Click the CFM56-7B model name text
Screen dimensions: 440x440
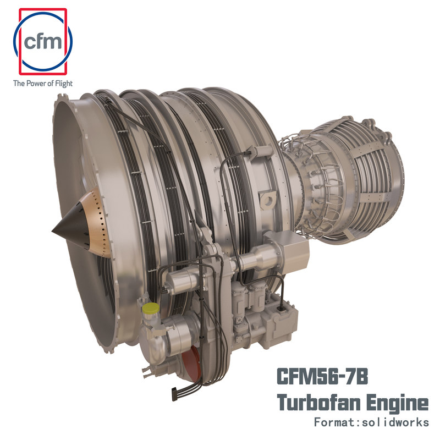coord(321,379)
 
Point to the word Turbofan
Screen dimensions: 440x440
coord(312,403)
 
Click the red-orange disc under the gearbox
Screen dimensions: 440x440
coord(189,363)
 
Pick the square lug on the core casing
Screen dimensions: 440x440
coord(268,197)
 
